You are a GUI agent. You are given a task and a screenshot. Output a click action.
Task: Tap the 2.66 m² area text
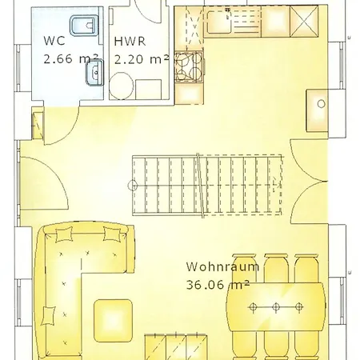click(70, 58)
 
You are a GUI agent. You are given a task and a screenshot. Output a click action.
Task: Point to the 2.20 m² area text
click(141, 58)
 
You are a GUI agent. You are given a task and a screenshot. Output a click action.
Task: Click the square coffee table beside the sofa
click(113, 317)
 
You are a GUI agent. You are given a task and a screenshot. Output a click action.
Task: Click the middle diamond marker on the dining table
click(275, 306)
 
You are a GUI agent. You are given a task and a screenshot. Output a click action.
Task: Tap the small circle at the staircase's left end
click(133, 186)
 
